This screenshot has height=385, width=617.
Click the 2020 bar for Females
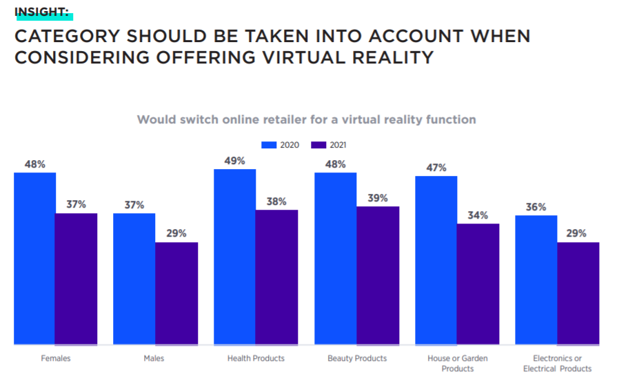[x=34, y=258]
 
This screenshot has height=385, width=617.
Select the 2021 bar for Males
[x=176, y=293]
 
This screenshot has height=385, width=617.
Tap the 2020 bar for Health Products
[x=234, y=257]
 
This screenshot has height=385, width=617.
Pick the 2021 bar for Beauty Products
[x=378, y=275]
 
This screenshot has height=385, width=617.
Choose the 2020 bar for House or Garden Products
[x=435, y=260]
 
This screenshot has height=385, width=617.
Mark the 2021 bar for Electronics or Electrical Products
[x=578, y=293]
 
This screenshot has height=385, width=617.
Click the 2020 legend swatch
[x=269, y=145]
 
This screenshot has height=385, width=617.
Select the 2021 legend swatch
[x=318, y=145]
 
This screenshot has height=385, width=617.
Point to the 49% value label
[x=235, y=161]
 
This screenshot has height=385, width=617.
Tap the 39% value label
[x=378, y=198]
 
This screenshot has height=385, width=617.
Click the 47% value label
[x=436, y=168]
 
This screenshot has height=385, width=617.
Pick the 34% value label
[x=478, y=215]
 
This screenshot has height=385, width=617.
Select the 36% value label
[x=536, y=207]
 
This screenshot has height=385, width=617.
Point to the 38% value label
[x=277, y=201]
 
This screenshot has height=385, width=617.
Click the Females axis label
[x=56, y=358]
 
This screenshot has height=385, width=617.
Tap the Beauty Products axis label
[x=356, y=358]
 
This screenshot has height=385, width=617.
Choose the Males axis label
[x=155, y=358]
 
